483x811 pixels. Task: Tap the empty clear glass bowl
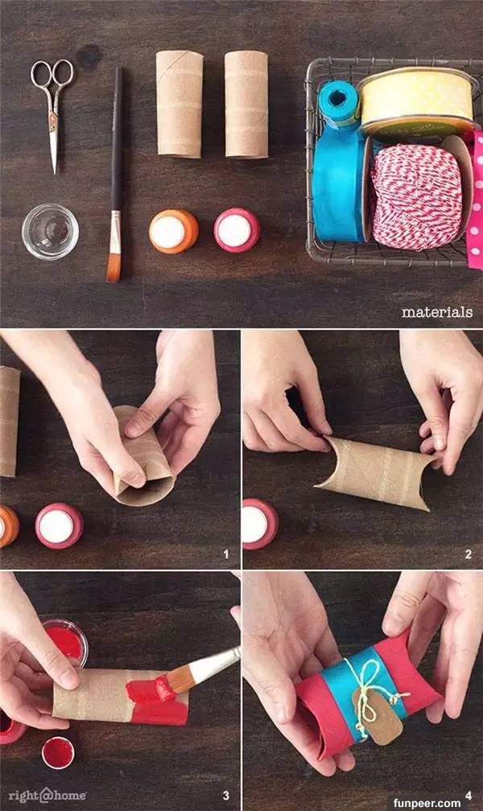coord(50,231)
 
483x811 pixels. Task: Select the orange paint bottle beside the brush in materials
coord(173,231)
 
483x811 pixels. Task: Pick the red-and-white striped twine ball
coord(417,197)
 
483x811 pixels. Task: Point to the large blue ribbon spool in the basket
coord(339,183)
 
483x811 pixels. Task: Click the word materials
coord(437,312)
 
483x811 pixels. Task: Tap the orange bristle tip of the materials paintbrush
coord(114,266)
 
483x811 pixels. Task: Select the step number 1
coord(225,554)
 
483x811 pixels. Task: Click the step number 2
coord(468,554)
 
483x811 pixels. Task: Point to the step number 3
coord(225,796)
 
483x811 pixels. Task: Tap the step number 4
coord(468,796)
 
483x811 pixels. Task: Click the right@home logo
coord(47,795)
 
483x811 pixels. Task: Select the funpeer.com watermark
coord(427,803)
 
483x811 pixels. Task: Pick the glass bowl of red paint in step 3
coord(66,642)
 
